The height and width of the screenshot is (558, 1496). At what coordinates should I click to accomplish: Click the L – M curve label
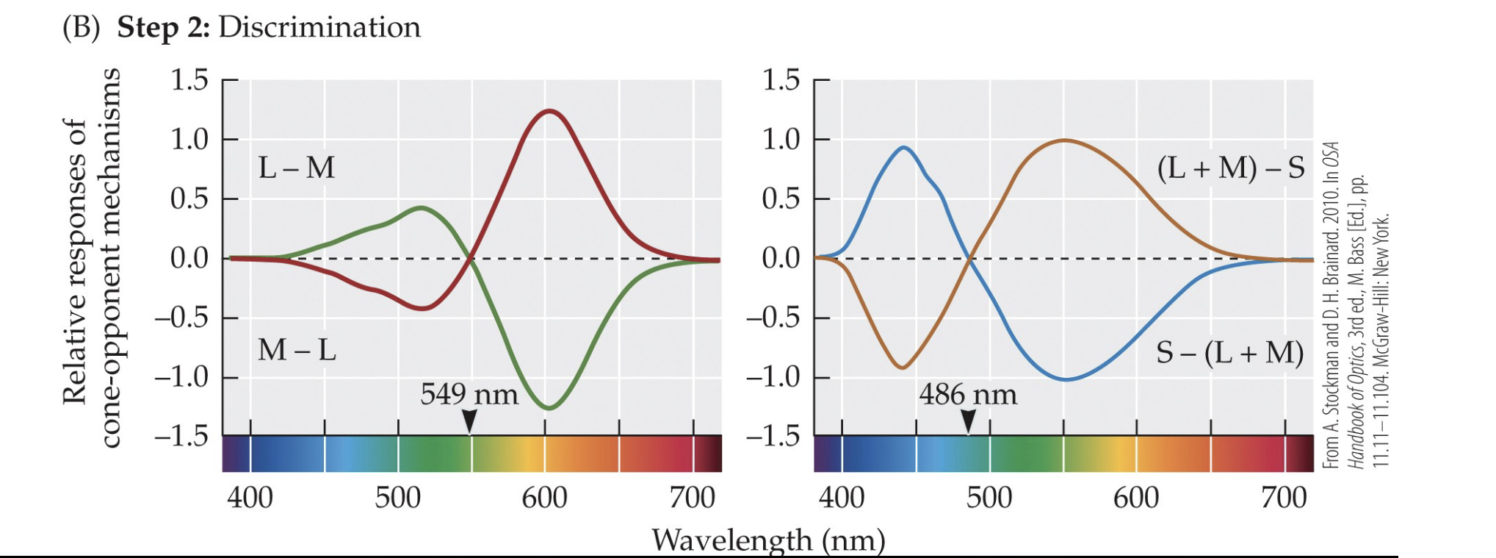296,168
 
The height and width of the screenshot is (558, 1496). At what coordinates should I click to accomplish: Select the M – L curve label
297,350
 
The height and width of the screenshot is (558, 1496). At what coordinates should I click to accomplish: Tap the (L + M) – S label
1230,168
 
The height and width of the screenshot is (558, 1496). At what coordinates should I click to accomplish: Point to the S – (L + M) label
1229,353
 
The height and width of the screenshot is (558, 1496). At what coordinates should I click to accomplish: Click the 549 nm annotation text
469,395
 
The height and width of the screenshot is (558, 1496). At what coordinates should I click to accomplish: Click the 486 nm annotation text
967,395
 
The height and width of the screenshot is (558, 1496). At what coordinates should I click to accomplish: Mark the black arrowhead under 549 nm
469,421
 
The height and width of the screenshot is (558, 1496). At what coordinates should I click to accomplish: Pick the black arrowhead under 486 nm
968,421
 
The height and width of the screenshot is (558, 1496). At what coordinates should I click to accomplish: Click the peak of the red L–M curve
549,111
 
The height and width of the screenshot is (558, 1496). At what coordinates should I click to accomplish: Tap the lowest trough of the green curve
549,407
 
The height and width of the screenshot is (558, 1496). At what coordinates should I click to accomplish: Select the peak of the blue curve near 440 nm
904,148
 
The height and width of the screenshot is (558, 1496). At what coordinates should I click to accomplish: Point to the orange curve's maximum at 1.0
1064,140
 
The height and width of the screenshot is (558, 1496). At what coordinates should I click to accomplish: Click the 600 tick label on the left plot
544,498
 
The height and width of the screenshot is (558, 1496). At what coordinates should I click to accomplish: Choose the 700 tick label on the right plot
1283,498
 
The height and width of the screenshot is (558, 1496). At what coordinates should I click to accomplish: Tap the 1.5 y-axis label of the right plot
780,79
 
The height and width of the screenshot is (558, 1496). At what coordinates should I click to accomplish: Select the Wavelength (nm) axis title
767,540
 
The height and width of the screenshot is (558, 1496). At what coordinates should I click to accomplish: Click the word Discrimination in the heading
319,27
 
